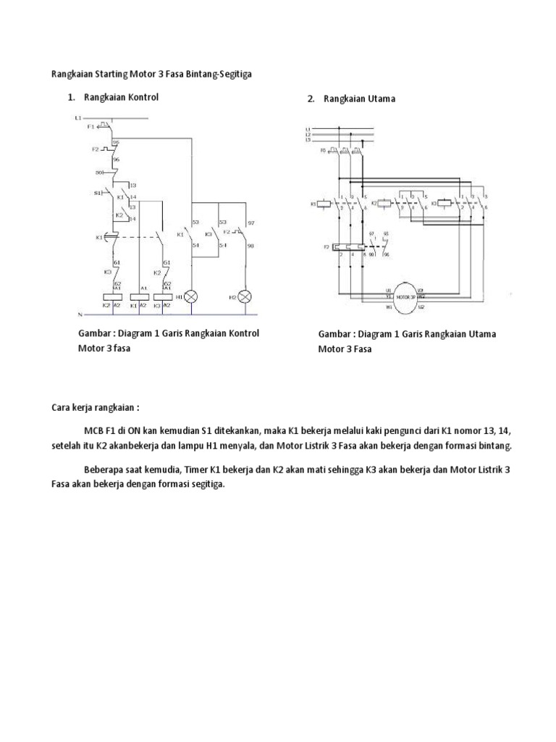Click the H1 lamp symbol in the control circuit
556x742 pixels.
coord(192,297)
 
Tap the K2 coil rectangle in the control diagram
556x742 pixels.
coord(111,297)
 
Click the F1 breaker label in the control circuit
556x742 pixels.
coord(91,126)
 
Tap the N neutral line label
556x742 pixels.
coord(79,314)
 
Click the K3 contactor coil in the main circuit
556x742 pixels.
coord(445,204)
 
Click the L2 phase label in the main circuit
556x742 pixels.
coord(308,135)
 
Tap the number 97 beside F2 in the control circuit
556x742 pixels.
coord(251,222)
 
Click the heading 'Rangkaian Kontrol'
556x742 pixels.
coord(121,97)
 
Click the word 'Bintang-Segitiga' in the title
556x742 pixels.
coord(225,73)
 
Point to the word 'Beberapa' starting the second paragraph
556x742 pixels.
coord(104,470)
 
